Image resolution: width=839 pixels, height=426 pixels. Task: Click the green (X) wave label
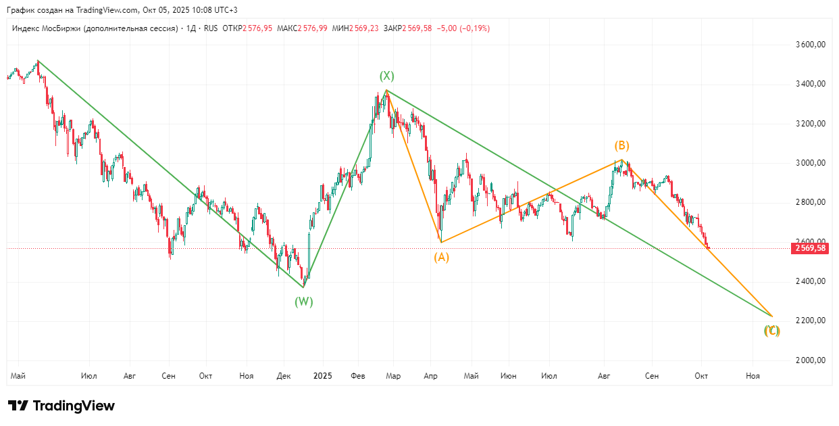[386, 76]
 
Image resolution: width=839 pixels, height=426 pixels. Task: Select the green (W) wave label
[303, 302]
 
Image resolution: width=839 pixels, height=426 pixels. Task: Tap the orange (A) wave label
[441, 257]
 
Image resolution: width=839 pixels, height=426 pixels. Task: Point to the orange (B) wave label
[621, 145]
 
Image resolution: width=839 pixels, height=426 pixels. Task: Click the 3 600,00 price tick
[811, 45]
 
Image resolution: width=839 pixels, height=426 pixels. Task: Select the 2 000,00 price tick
[811, 360]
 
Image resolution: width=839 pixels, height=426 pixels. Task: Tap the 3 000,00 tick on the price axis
[811, 163]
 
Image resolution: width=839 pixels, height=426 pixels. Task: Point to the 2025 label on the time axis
[323, 375]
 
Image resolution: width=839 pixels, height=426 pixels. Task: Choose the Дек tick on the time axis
[284, 375]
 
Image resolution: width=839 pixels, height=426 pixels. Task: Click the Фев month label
[359, 375]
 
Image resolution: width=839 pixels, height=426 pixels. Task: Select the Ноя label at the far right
[753, 375]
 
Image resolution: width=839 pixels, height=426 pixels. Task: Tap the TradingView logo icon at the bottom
[18, 406]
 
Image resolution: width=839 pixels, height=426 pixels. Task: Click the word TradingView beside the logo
[74, 406]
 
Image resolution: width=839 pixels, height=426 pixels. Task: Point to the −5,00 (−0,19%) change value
[463, 28]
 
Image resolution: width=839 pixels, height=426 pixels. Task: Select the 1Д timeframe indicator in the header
[190, 28]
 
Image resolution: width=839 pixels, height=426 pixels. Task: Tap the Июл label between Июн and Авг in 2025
[549, 375]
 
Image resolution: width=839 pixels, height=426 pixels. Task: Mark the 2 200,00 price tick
[811, 321]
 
